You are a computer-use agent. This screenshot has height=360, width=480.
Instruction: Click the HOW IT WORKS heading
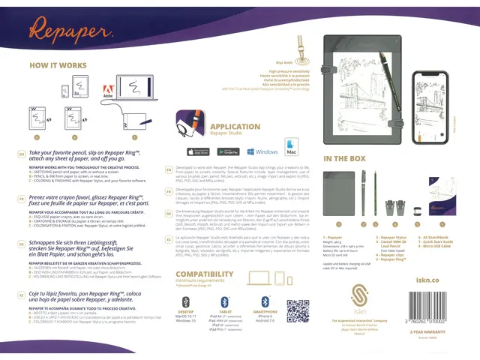(58, 66)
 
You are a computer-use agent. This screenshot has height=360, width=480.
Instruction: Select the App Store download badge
(190, 151)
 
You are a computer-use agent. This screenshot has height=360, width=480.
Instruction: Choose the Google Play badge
(223, 151)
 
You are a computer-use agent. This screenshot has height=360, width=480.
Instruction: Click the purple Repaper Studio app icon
(191, 123)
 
